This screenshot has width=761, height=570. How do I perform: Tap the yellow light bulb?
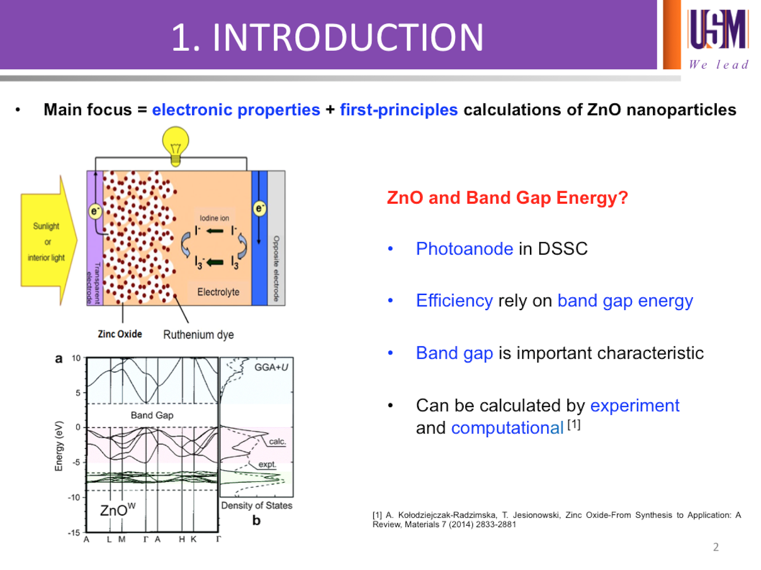click(176, 146)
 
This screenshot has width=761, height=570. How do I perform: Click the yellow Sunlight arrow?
click(49, 241)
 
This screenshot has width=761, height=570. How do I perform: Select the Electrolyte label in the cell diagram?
click(218, 292)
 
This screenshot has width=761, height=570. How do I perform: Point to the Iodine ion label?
click(214, 218)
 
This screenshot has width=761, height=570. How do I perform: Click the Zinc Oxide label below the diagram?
click(119, 334)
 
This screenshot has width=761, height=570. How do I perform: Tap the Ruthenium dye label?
click(198, 334)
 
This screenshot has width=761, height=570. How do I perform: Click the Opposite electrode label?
click(276, 269)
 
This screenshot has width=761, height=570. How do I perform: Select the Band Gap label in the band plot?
click(152, 415)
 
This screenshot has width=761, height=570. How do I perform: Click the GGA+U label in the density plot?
click(271, 367)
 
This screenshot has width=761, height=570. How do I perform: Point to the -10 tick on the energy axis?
click(74, 498)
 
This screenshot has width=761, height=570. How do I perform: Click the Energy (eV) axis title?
click(59, 446)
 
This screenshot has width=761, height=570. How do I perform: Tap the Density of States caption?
click(256, 505)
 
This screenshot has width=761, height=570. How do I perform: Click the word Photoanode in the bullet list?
click(464, 248)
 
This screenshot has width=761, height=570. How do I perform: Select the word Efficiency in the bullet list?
click(454, 300)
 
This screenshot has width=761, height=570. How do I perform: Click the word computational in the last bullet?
click(507, 428)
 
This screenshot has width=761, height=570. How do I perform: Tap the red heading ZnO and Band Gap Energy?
click(507, 197)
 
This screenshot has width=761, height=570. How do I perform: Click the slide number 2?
click(716, 547)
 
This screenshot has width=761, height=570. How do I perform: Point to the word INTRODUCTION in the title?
click(347, 37)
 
